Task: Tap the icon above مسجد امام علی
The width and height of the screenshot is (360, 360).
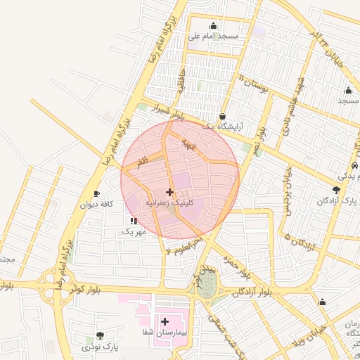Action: click(214, 26)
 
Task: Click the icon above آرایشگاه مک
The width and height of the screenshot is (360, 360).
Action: click(223, 117)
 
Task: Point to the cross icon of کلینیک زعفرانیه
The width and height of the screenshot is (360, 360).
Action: click(169, 192)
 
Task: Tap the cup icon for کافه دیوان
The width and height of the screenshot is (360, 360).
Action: click(96, 194)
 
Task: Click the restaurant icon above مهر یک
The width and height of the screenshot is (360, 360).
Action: click(134, 221)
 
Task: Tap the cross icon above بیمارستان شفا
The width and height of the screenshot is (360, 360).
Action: click(165, 321)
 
